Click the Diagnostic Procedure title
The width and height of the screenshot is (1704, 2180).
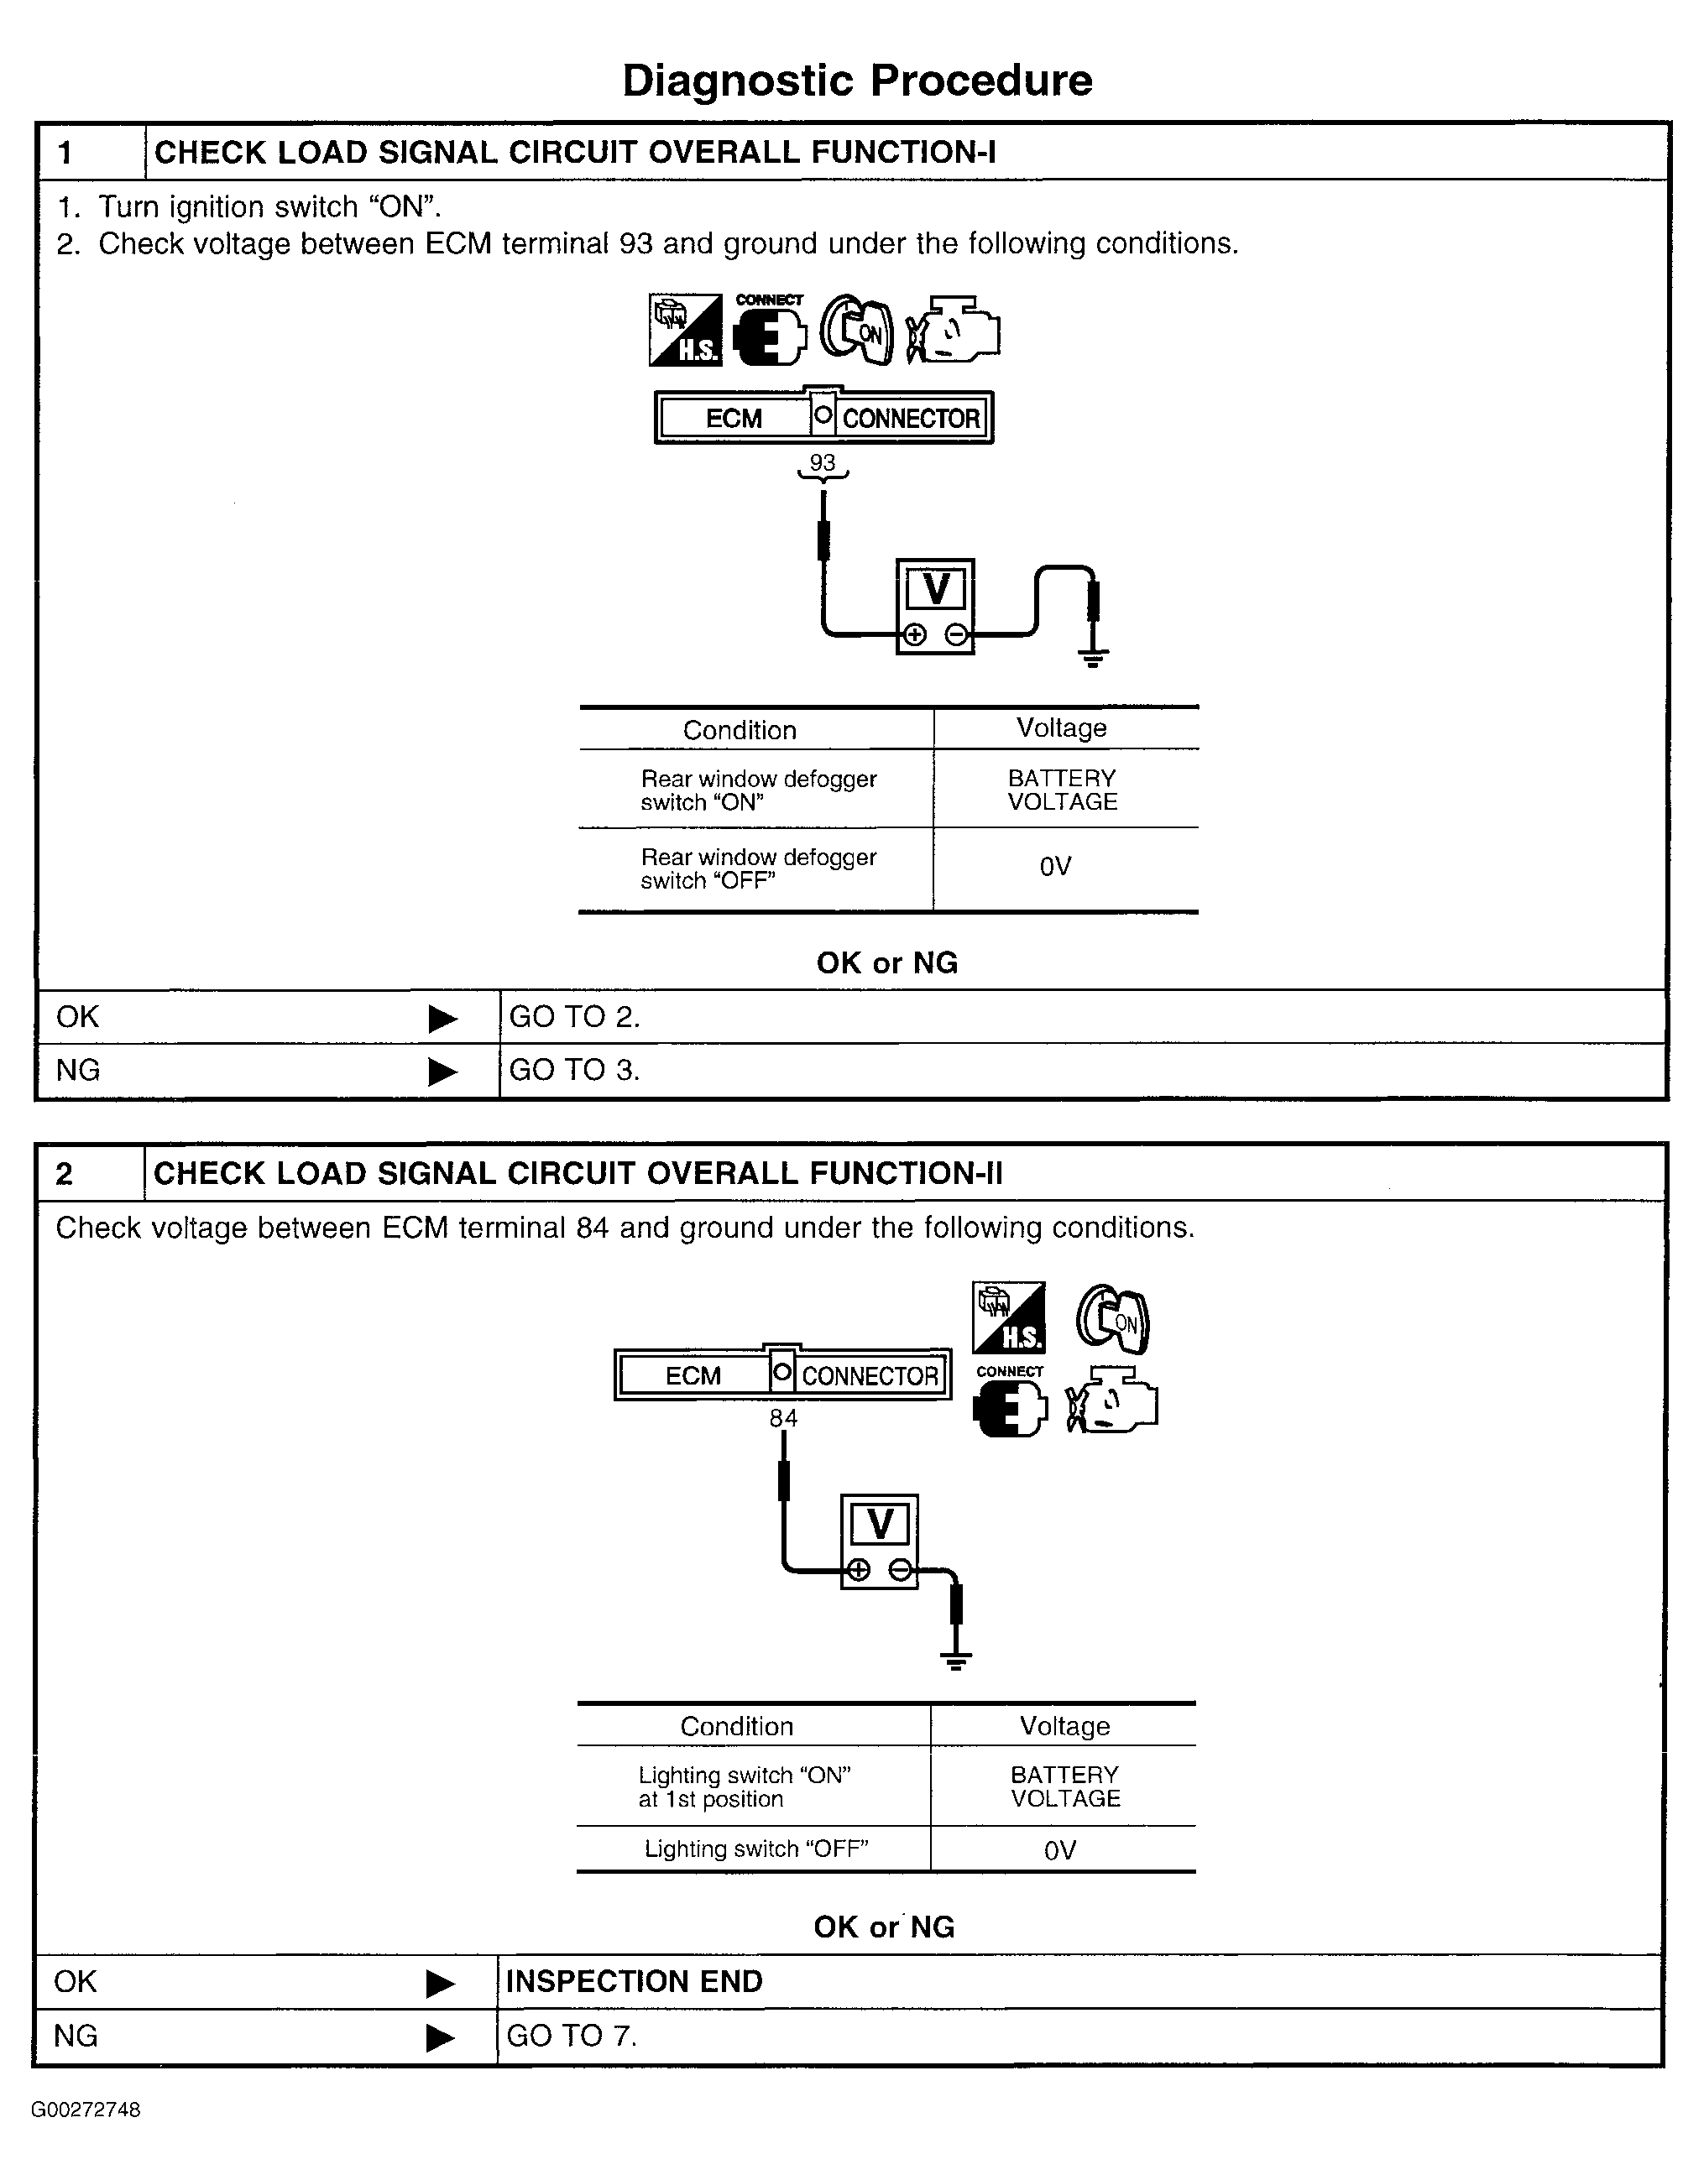[x=856, y=81]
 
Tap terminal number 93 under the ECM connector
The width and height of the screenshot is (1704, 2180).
[x=822, y=463]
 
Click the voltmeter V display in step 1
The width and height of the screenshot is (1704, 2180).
[x=935, y=589]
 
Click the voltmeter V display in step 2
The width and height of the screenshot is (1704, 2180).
[x=880, y=1524]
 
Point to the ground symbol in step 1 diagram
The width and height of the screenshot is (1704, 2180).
[x=1093, y=657]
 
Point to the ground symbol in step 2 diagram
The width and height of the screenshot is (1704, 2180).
[x=955, y=1661]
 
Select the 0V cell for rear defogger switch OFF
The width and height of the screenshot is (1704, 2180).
[x=1055, y=867]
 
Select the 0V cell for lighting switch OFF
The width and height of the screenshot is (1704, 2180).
[x=1059, y=1850]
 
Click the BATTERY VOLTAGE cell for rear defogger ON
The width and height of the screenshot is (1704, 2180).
[x=1062, y=790]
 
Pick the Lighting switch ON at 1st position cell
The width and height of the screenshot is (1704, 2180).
[x=744, y=1786]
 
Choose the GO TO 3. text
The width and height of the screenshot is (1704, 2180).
[x=574, y=1070]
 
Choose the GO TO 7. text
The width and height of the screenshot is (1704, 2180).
[x=571, y=2036]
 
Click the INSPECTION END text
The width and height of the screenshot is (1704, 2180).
[x=634, y=1981]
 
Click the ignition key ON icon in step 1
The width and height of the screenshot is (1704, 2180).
[x=858, y=331]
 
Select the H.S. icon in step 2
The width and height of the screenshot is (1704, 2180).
[x=1009, y=1317]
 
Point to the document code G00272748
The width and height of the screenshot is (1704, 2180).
[x=86, y=2110]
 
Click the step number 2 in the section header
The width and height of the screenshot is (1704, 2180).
[x=64, y=1174]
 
